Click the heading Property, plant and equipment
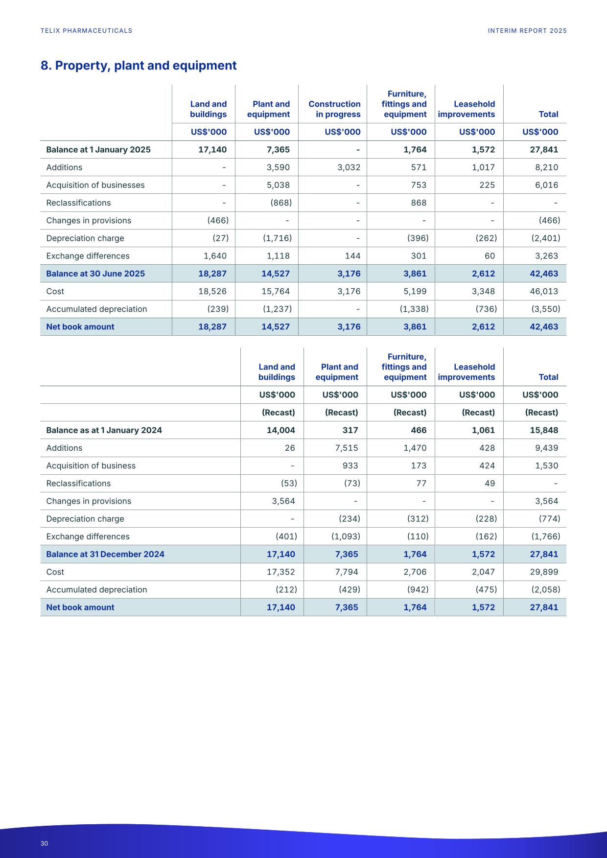click(139, 66)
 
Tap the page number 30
click(45, 843)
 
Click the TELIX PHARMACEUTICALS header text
click(86, 31)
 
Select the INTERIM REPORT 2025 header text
click(527, 31)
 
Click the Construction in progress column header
click(334, 109)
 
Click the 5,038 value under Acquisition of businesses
click(278, 185)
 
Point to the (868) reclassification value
click(281, 203)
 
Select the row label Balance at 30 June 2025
click(95, 274)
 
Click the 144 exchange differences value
click(352, 256)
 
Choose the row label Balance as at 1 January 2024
click(104, 430)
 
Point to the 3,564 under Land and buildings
click(283, 501)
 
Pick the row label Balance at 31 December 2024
click(105, 554)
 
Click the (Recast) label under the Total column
click(541, 413)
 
